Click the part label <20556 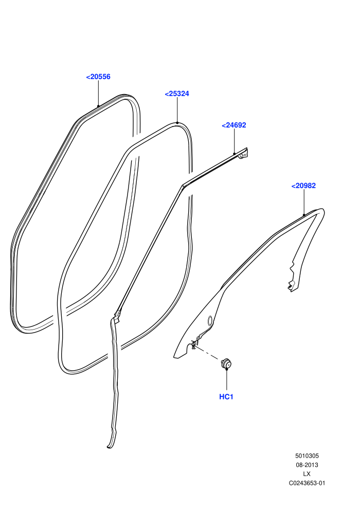[98, 77]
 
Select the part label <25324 [177, 94]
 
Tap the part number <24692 [234, 125]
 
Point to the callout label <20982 [303, 186]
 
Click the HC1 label [226, 397]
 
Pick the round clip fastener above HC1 [226, 363]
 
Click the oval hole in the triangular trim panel [210, 320]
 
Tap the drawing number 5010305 [307, 456]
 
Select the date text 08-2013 [307, 465]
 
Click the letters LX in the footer [307, 474]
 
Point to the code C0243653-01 [307, 483]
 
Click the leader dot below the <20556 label [98, 106]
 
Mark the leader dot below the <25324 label [177, 123]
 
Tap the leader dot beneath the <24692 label [235, 154]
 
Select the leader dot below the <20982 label [304, 214]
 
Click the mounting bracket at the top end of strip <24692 [243, 155]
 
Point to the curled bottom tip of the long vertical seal [109, 447]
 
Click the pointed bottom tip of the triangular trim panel [175, 357]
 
